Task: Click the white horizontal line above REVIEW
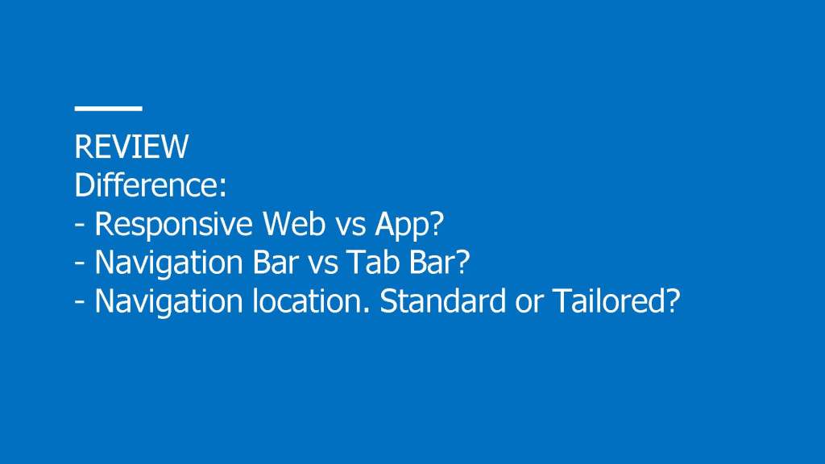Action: tap(109, 109)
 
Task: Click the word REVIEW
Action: tap(131, 147)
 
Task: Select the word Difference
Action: tap(147, 184)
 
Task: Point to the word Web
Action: tap(294, 223)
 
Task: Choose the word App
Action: tap(404, 225)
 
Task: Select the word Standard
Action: tap(442, 300)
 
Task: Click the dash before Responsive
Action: tap(80, 226)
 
